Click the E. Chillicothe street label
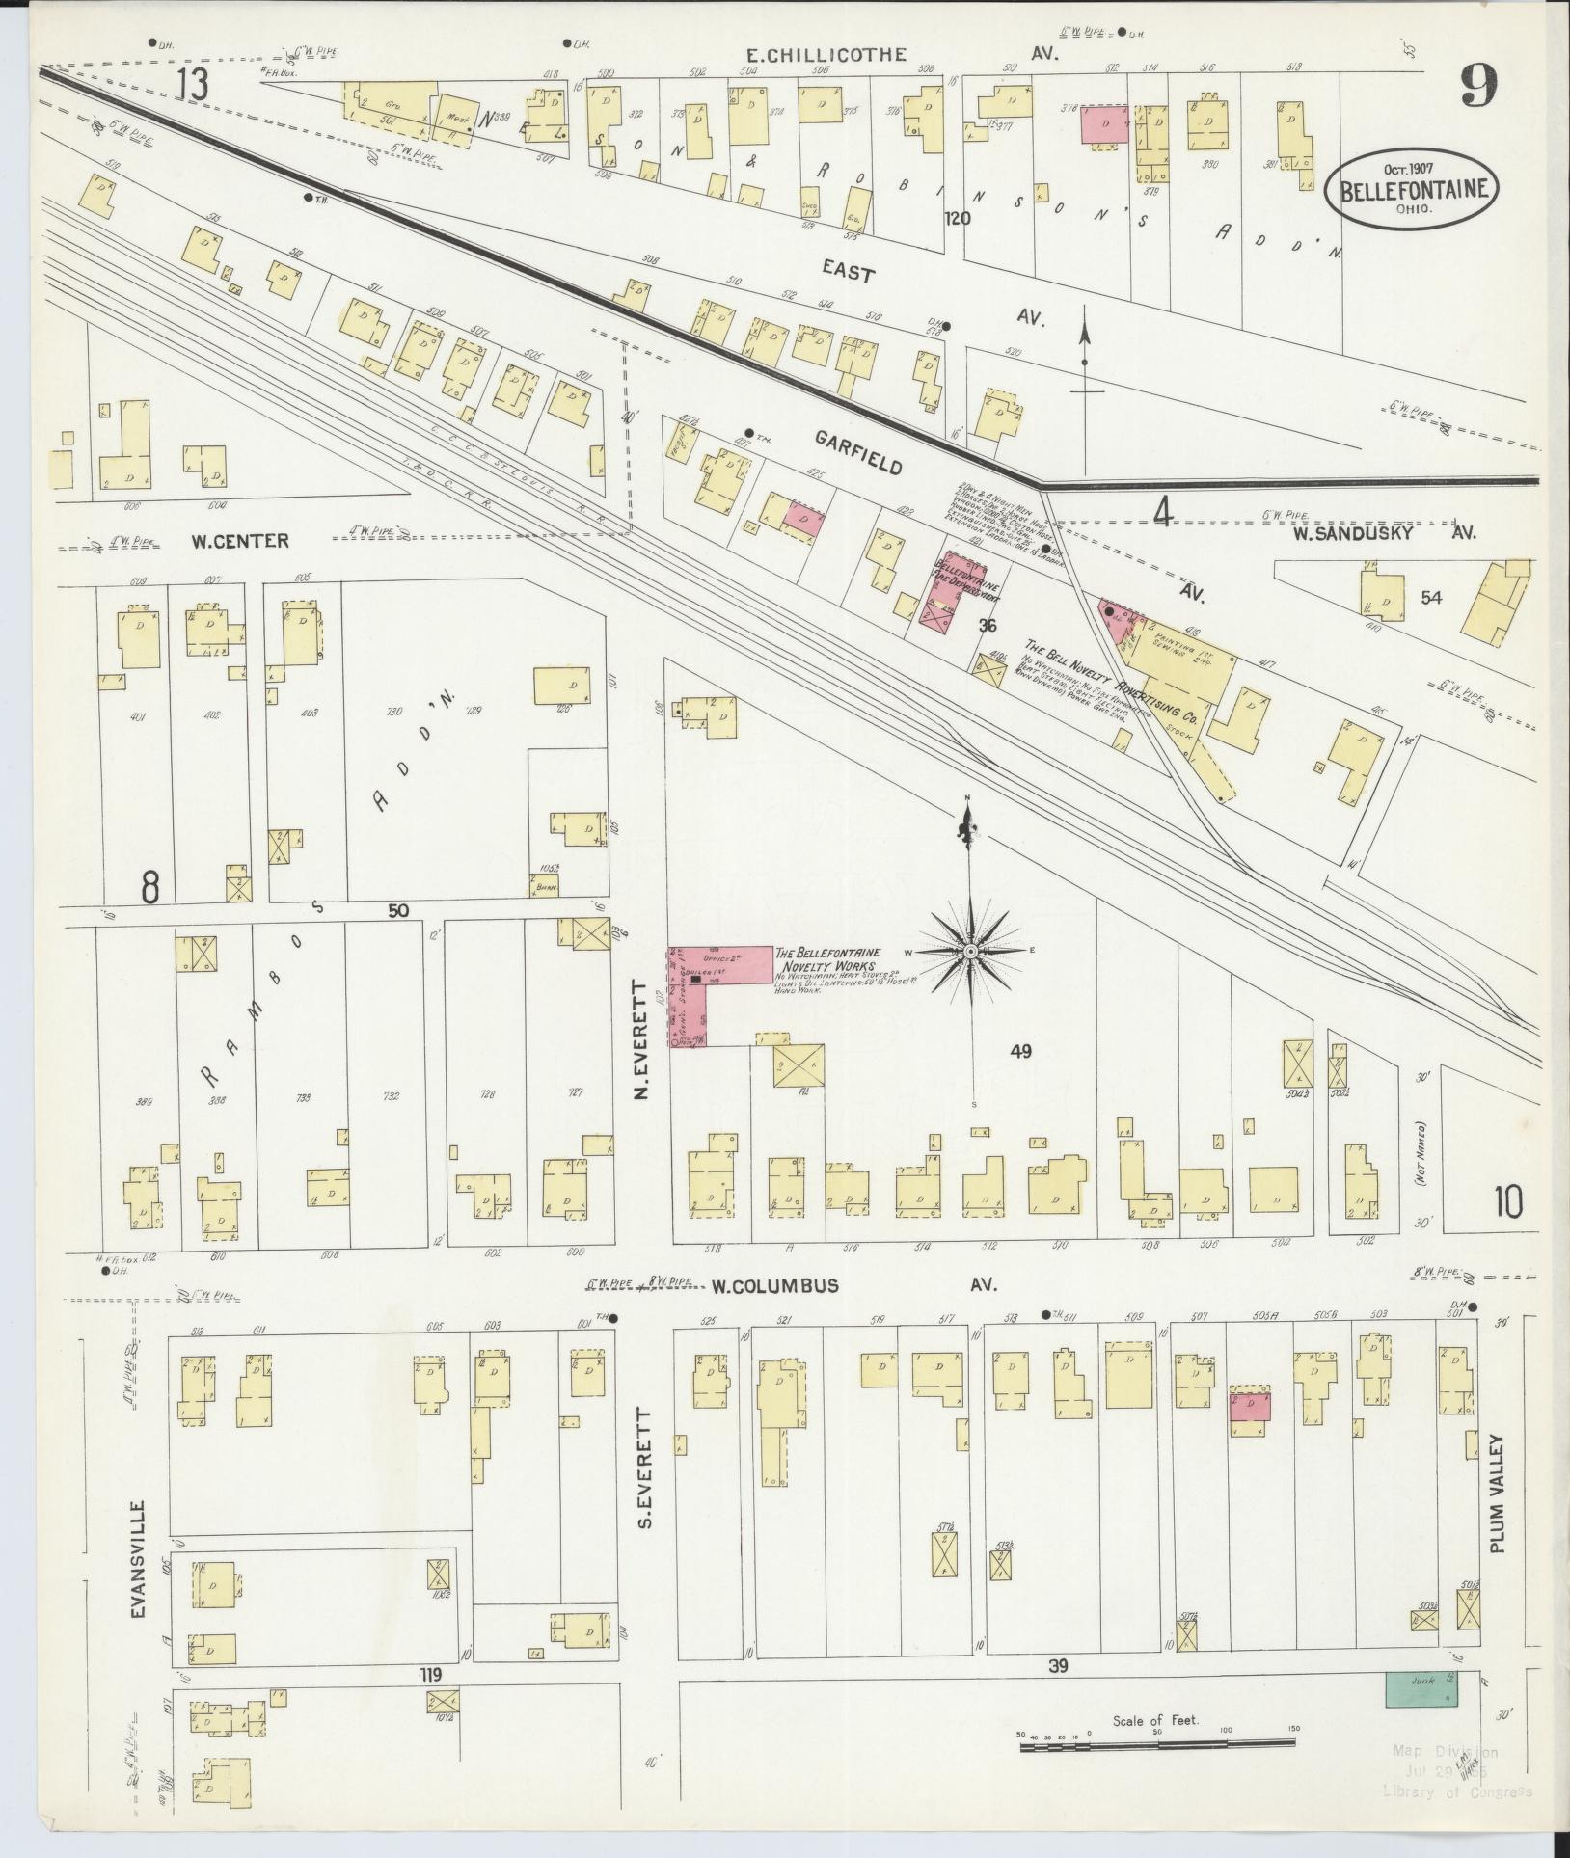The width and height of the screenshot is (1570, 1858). point(827,55)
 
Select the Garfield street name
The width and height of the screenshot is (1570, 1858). point(858,452)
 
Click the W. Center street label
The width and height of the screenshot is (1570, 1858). point(238,541)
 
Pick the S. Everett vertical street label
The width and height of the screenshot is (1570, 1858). point(647,1469)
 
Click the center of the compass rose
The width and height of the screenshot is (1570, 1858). point(972,952)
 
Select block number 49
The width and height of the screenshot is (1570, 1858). point(1020,1051)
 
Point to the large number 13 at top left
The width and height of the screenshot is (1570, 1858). point(192,86)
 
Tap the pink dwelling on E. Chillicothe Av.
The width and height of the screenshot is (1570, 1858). point(1104,126)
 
